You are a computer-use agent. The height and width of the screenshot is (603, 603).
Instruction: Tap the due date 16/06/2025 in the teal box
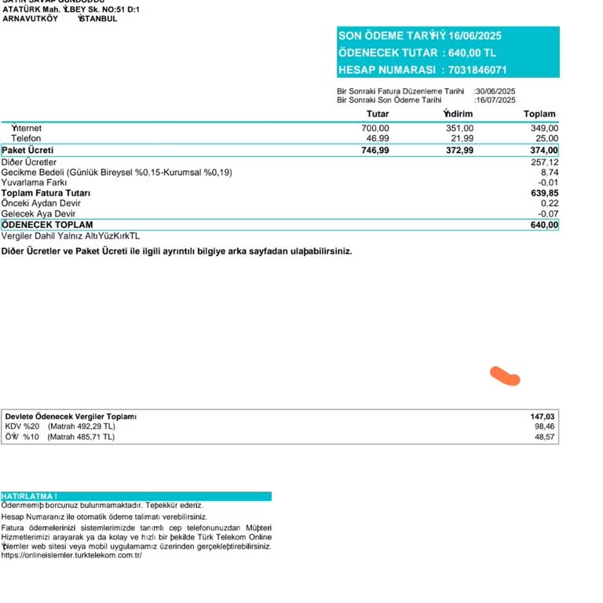pyautogui.click(x=475, y=35)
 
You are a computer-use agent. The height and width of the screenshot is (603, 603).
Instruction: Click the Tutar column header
pyautogui.click(x=378, y=114)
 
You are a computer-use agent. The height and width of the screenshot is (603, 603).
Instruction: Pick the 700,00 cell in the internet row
pyautogui.click(x=375, y=128)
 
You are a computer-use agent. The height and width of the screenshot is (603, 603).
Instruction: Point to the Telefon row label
pyautogui.click(x=26, y=138)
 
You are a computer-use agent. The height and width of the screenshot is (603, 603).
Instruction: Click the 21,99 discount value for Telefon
pyautogui.click(x=459, y=138)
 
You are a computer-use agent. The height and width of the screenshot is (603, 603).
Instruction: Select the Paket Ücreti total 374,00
pyautogui.click(x=544, y=150)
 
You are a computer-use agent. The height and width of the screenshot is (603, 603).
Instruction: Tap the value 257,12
pyautogui.click(x=545, y=162)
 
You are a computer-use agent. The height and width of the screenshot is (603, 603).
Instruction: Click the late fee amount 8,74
pyautogui.click(x=550, y=172)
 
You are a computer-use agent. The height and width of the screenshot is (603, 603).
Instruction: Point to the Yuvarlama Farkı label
pyautogui.click(x=34, y=182)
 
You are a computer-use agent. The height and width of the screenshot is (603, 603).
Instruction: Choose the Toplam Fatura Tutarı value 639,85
pyautogui.click(x=545, y=192)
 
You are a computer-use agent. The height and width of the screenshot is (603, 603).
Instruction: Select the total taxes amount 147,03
pyautogui.click(x=543, y=416)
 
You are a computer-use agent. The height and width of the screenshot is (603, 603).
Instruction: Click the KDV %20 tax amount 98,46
pyautogui.click(x=545, y=426)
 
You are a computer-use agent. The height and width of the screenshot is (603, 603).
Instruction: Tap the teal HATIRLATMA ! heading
pyautogui.click(x=29, y=496)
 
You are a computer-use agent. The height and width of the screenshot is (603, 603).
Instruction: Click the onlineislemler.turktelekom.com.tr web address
pyautogui.click(x=71, y=555)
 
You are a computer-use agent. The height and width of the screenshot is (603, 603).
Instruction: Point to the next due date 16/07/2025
pyautogui.click(x=495, y=100)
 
